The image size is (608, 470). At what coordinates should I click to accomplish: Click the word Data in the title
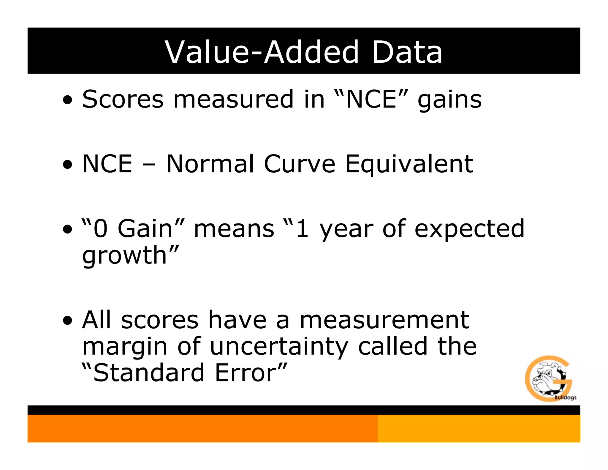click(x=407, y=52)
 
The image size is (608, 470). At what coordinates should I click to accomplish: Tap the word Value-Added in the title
click(x=262, y=52)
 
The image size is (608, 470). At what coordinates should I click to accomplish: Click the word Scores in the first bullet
click(x=123, y=99)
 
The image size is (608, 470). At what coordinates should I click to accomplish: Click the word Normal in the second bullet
click(x=210, y=164)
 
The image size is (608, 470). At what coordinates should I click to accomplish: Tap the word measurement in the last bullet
click(x=384, y=320)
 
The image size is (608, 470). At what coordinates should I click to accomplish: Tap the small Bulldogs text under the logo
click(x=565, y=398)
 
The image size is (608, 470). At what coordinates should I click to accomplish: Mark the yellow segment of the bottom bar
click(x=479, y=428)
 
